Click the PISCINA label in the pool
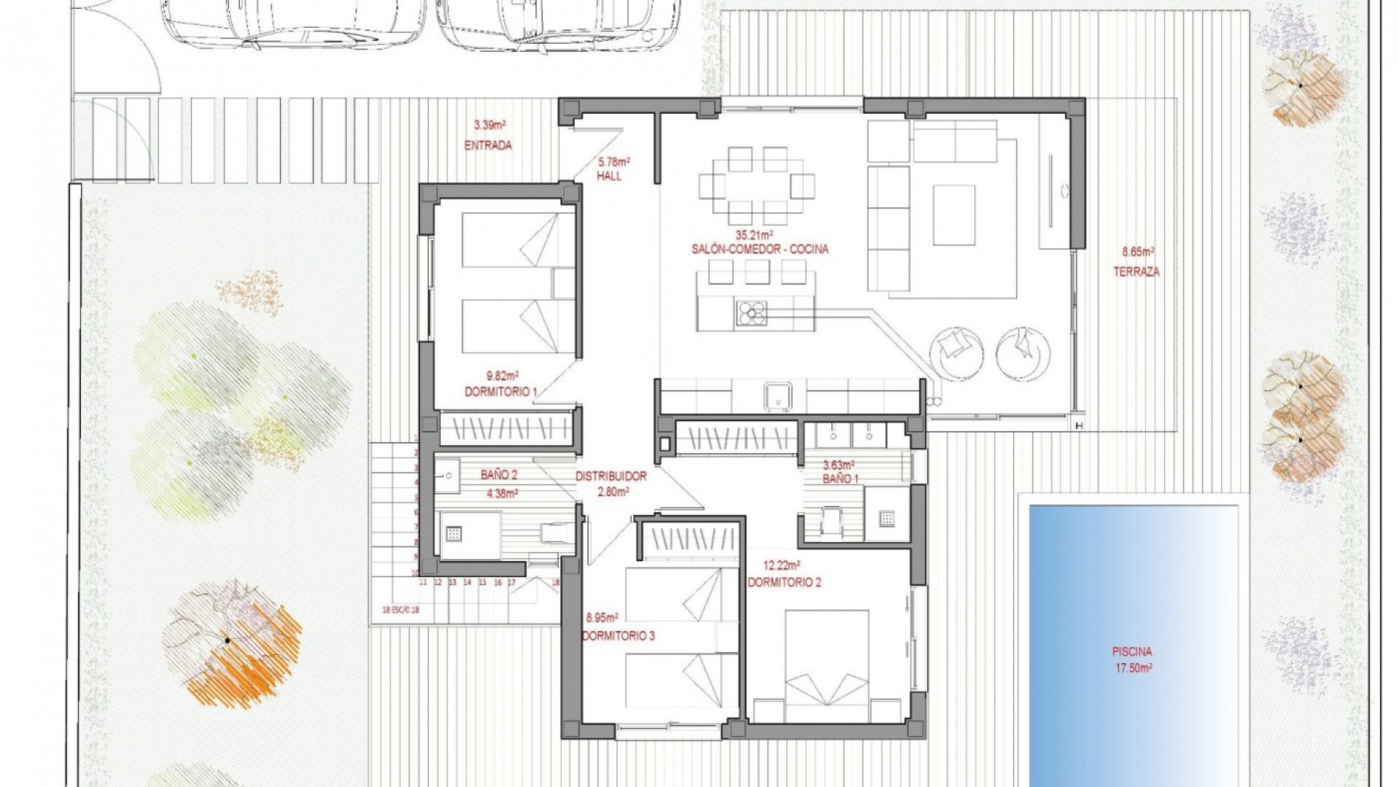[x=1132, y=652]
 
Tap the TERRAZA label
[x=1136, y=272]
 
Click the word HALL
[x=609, y=176]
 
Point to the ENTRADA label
[x=487, y=145]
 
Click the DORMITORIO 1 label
[x=501, y=392]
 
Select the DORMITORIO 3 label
[x=618, y=635]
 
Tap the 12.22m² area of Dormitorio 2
[x=783, y=565]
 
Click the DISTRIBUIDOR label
[x=611, y=477]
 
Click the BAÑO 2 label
[x=498, y=475]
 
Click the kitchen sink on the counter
[x=777, y=396]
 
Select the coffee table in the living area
[x=954, y=215]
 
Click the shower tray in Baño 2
[x=454, y=534]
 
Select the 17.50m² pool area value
[x=1132, y=667]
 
